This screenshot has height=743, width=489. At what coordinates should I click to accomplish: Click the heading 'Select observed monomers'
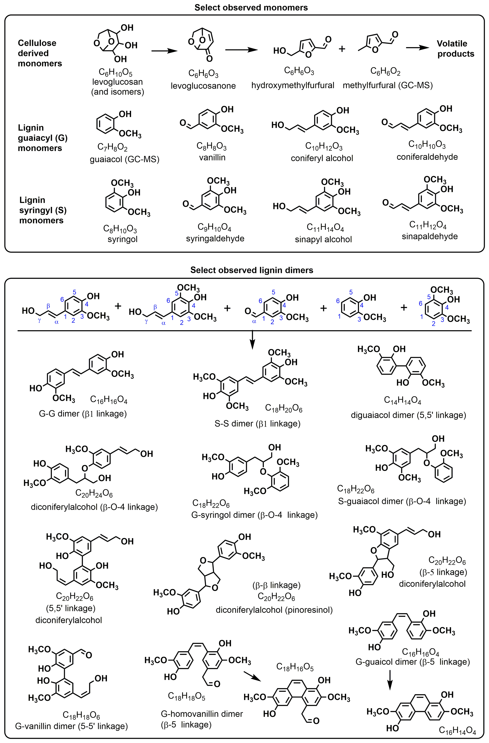(x=251, y=8)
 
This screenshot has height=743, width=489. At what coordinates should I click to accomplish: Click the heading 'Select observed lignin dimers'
(x=251, y=270)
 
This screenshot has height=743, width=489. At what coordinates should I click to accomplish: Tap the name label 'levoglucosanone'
(x=203, y=86)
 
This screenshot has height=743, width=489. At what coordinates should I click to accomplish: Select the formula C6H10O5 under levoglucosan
(x=115, y=72)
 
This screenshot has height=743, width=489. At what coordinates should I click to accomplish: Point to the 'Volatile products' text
(x=455, y=49)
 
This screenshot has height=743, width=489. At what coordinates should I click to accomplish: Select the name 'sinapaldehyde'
(x=429, y=236)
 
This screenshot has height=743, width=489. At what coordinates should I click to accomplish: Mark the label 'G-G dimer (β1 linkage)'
(x=83, y=414)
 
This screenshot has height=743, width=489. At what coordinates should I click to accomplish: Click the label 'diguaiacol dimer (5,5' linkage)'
(x=408, y=415)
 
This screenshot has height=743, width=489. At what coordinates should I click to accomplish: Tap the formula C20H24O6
(x=94, y=493)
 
